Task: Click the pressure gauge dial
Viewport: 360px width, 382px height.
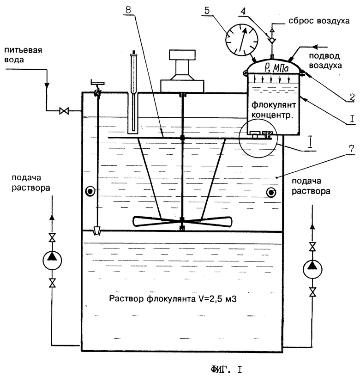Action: (242, 40)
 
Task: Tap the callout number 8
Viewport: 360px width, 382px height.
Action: (128, 10)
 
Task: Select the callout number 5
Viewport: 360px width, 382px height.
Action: (207, 11)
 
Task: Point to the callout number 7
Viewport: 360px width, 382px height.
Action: (352, 148)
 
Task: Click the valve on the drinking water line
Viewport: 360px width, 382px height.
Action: (64, 111)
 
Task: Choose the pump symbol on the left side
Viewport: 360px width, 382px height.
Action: (52, 260)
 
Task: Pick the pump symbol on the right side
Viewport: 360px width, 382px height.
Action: (312, 269)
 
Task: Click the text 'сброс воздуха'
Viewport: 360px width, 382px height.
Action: (319, 21)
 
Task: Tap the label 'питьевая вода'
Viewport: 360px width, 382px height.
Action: (24, 55)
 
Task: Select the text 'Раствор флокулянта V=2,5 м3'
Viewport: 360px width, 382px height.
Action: (173, 299)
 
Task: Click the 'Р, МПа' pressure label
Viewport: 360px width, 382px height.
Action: (276, 68)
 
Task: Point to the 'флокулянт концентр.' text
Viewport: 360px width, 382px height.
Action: (274, 110)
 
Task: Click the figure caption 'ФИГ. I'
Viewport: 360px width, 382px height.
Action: (226, 370)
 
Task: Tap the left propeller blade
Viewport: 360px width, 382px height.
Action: (156, 221)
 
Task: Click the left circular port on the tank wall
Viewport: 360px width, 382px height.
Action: (90, 192)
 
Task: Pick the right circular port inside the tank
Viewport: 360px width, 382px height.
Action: (271, 193)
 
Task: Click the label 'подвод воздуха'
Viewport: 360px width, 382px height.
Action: (325, 61)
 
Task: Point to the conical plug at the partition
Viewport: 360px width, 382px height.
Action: (96, 230)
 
